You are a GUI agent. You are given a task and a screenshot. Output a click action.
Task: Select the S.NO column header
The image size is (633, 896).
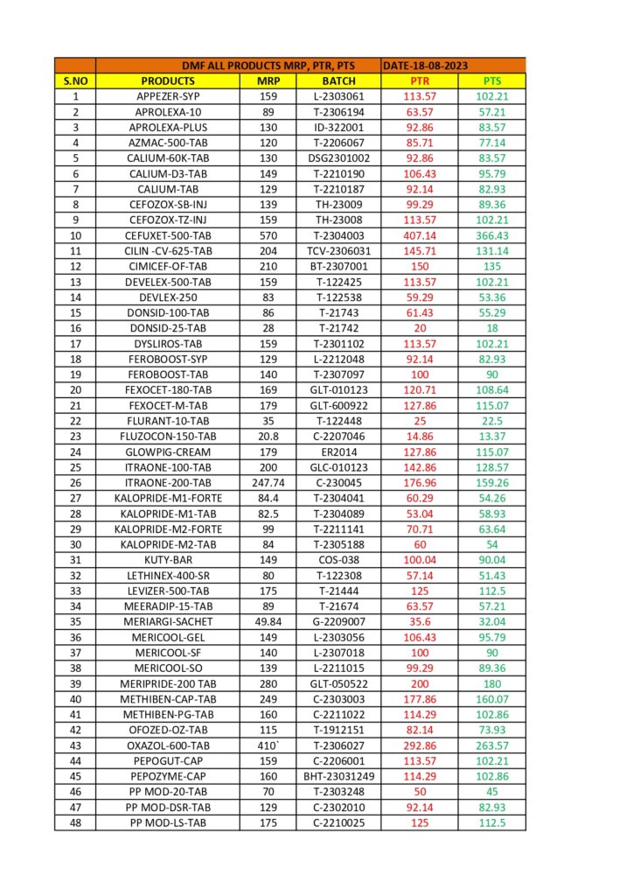pos(75,81)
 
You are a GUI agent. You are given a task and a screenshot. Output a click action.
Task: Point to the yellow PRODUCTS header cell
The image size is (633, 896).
pos(168,81)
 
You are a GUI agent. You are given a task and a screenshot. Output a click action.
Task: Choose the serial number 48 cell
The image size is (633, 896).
pos(75,822)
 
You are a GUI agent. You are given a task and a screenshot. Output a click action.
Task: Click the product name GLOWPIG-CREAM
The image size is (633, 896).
pos(168,451)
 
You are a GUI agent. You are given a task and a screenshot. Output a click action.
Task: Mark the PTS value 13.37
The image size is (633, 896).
pos(492,437)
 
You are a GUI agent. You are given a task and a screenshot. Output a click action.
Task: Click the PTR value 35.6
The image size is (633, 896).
pos(419,622)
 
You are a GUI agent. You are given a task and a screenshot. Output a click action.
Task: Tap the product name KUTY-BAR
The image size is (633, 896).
pos(168,560)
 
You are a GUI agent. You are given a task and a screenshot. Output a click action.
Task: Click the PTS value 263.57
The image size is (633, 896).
pos(492,745)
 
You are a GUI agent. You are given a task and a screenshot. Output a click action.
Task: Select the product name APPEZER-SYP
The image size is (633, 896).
pos(168,96)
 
